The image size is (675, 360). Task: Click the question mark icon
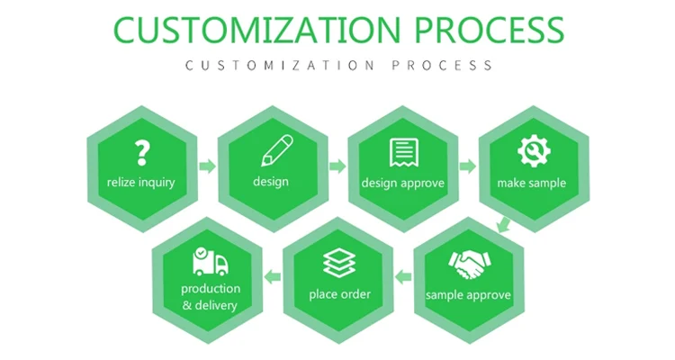(x=140, y=153)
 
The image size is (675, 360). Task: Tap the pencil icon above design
(x=277, y=150)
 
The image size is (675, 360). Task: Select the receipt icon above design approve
(x=403, y=151)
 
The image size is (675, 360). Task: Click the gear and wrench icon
(x=532, y=151)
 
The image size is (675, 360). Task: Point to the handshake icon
(x=468, y=264)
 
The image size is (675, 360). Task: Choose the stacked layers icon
(x=338, y=264)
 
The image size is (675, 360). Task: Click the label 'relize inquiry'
(x=140, y=183)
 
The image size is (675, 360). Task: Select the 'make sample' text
(x=532, y=183)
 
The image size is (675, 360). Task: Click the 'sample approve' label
(x=468, y=295)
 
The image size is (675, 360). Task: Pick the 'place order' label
(x=339, y=294)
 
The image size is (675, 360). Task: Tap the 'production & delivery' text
(x=211, y=297)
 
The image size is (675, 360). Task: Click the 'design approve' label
(x=404, y=183)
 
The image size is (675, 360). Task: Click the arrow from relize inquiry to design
(x=207, y=166)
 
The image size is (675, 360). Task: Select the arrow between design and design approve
(x=337, y=166)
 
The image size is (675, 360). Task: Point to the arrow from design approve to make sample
(x=468, y=166)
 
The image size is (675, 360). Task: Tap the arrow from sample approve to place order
(x=404, y=276)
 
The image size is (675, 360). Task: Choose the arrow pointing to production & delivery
(x=274, y=276)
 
